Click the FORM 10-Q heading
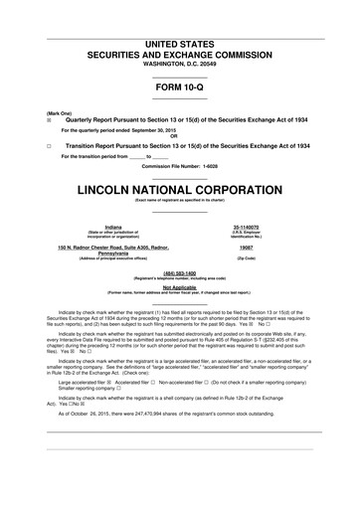[180, 85]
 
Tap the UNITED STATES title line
[180, 17]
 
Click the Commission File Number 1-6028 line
[180, 166]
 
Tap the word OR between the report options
[180, 136]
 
